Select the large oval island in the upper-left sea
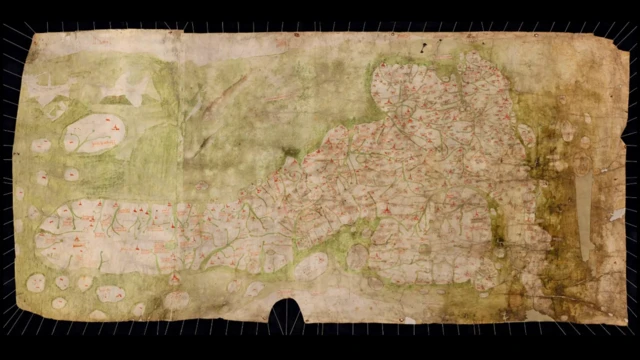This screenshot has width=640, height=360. click(x=96, y=132)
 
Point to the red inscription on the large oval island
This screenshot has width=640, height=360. click(x=112, y=127)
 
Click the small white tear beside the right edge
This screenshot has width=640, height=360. click(x=617, y=212)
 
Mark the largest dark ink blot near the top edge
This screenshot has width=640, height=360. click(x=425, y=47)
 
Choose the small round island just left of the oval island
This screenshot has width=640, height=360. click(x=41, y=145)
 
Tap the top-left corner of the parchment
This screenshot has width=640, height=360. click(x=34, y=36)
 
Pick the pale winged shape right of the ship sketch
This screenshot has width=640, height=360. click(x=127, y=87)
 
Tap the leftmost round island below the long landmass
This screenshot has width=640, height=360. click(x=35, y=283)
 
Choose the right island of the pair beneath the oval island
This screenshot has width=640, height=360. click(x=71, y=174)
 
